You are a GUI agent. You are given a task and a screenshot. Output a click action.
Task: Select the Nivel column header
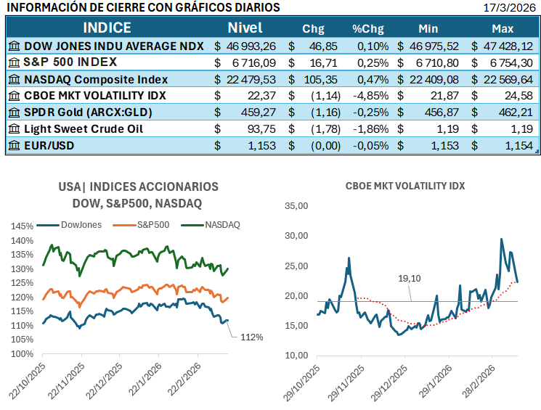[245, 28]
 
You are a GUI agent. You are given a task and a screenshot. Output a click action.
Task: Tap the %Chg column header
[367, 29]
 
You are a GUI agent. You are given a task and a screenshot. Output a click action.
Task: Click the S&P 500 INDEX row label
[76, 62]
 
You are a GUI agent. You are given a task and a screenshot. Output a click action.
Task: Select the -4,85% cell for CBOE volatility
[370, 96]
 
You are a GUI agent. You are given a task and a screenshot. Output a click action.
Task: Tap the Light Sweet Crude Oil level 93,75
[261, 129]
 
